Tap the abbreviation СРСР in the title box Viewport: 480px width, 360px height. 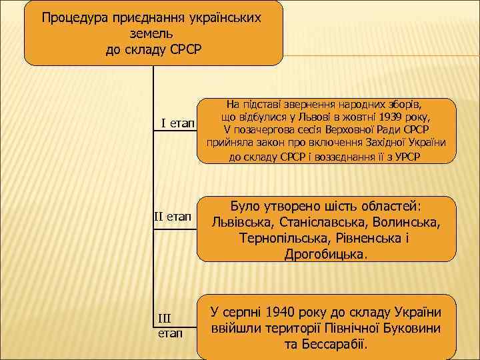pyautogui.click(x=189, y=49)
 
